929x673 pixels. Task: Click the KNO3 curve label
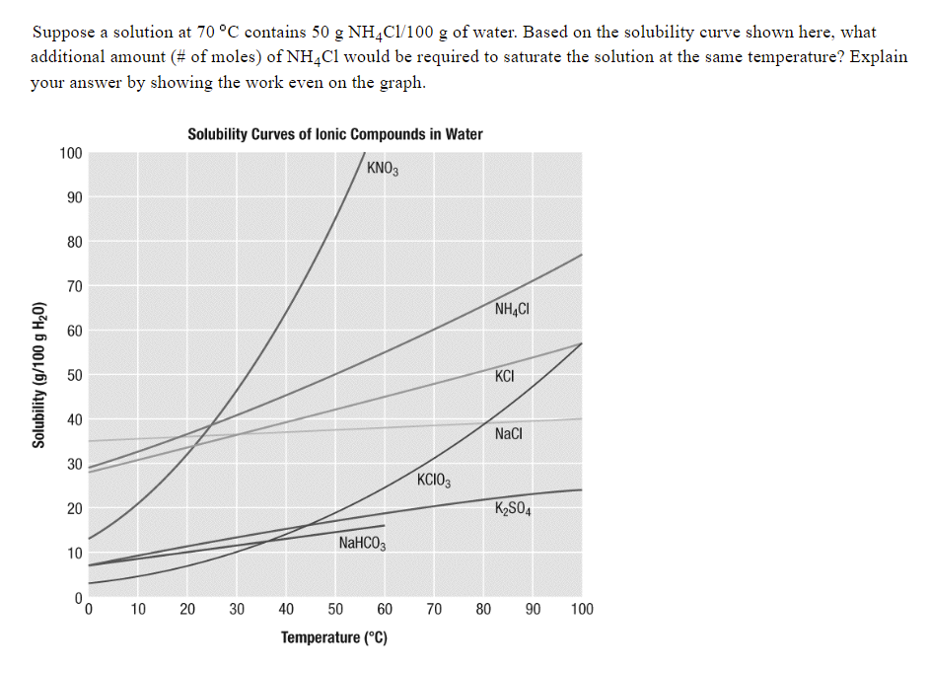point(382,168)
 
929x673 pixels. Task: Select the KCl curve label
point(506,376)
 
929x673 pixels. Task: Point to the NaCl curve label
point(509,434)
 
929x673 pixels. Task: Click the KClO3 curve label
point(434,481)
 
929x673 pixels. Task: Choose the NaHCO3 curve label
point(362,544)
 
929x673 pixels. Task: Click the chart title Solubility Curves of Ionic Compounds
point(335,134)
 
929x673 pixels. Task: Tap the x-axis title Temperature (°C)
point(334,637)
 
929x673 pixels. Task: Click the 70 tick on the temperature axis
point(434,609)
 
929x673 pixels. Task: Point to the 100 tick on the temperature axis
point(582,609)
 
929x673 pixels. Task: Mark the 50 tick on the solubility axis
point(73,375)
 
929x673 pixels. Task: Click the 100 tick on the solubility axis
point(70,153)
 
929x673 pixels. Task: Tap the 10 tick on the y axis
point(73,553)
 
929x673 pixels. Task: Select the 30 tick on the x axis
point(237,609)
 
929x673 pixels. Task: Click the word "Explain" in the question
point(878,57)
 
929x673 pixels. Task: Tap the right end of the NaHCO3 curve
point(385,525)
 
